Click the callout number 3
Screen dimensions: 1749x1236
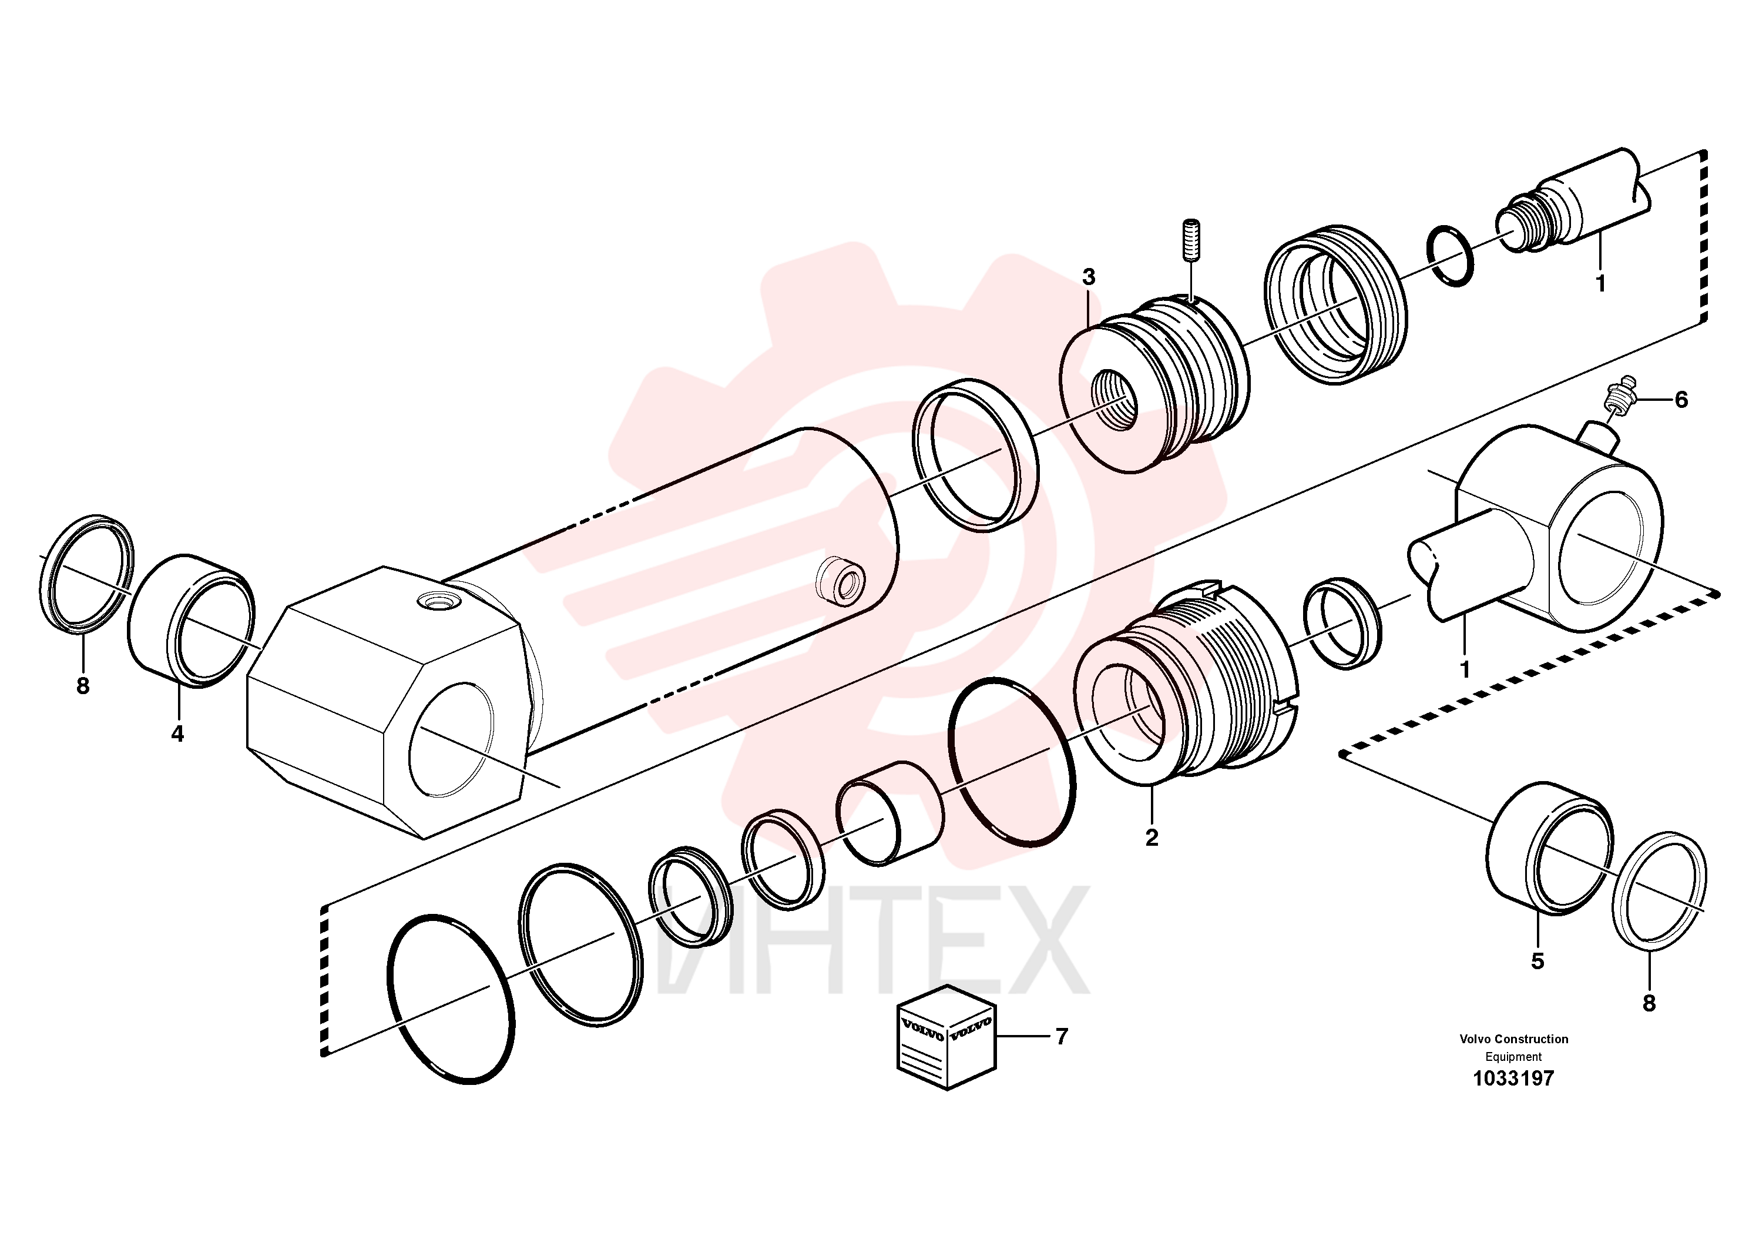click(x=1089, y=277)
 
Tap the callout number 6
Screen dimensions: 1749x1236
click(x=1680, y=400)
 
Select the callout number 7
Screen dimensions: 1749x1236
click(x=1061, y=1036)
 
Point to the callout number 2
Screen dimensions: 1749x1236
click(x=1152, y=838)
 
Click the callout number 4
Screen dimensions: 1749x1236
click(x=177, y=734)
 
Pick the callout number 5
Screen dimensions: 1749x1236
click(x=1537, y=962)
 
